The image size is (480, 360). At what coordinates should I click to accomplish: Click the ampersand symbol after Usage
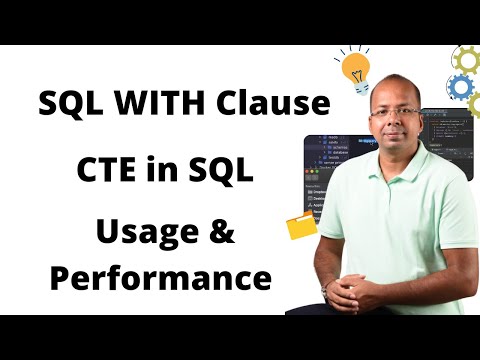pos(219,236)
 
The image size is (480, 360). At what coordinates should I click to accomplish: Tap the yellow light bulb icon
pos(354,69)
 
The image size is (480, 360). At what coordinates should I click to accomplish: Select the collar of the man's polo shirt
pos(396,165)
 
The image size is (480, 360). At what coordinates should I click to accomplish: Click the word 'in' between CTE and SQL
pos(163,170)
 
